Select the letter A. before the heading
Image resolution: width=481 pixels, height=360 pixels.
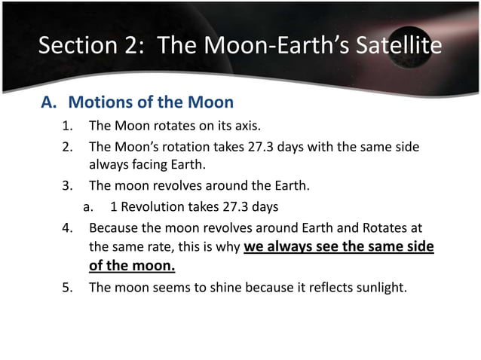[x=49, y=102]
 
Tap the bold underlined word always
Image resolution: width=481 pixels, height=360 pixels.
[x=295, y=246]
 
